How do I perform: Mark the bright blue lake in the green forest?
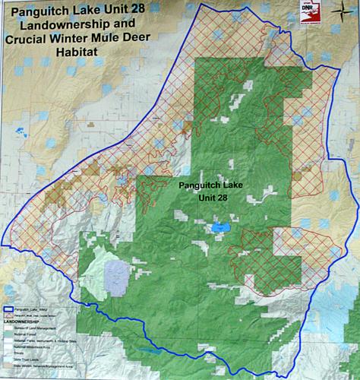220,226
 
